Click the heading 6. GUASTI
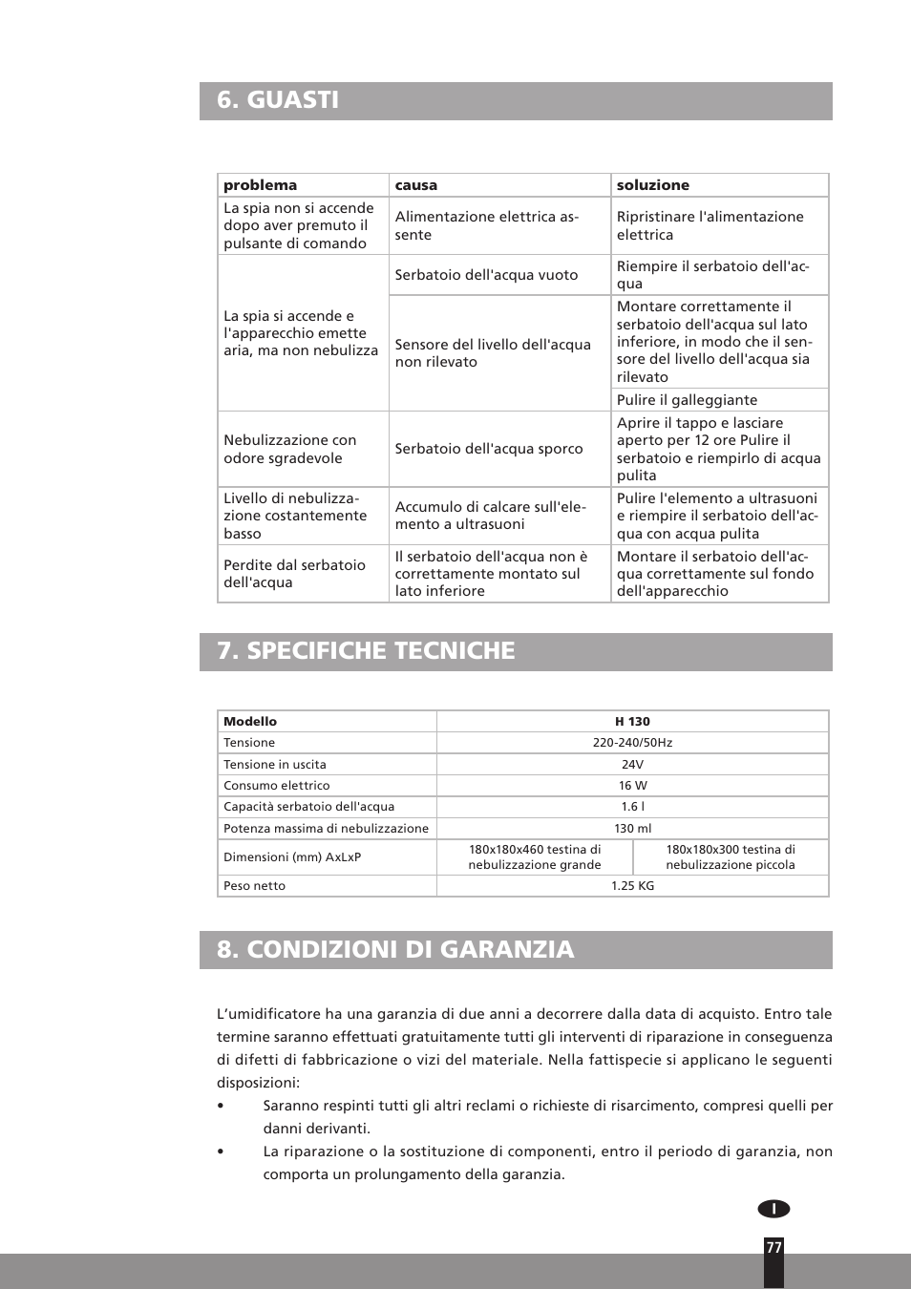278,100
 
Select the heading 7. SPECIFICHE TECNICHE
366,651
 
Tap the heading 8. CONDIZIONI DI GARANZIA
395,950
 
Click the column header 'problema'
260,185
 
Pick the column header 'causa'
416,185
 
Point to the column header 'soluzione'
652,185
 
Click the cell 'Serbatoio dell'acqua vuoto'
486,275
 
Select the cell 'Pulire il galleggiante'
687,400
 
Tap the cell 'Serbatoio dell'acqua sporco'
488,449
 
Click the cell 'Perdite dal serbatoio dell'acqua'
294,574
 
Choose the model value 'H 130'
632,722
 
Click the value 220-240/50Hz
632,743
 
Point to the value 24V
632,765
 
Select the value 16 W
632,786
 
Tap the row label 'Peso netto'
254,886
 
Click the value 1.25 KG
632,886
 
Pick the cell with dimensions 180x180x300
731,857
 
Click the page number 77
773,1248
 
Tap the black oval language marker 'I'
773,1209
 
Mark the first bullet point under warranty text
221,1106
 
